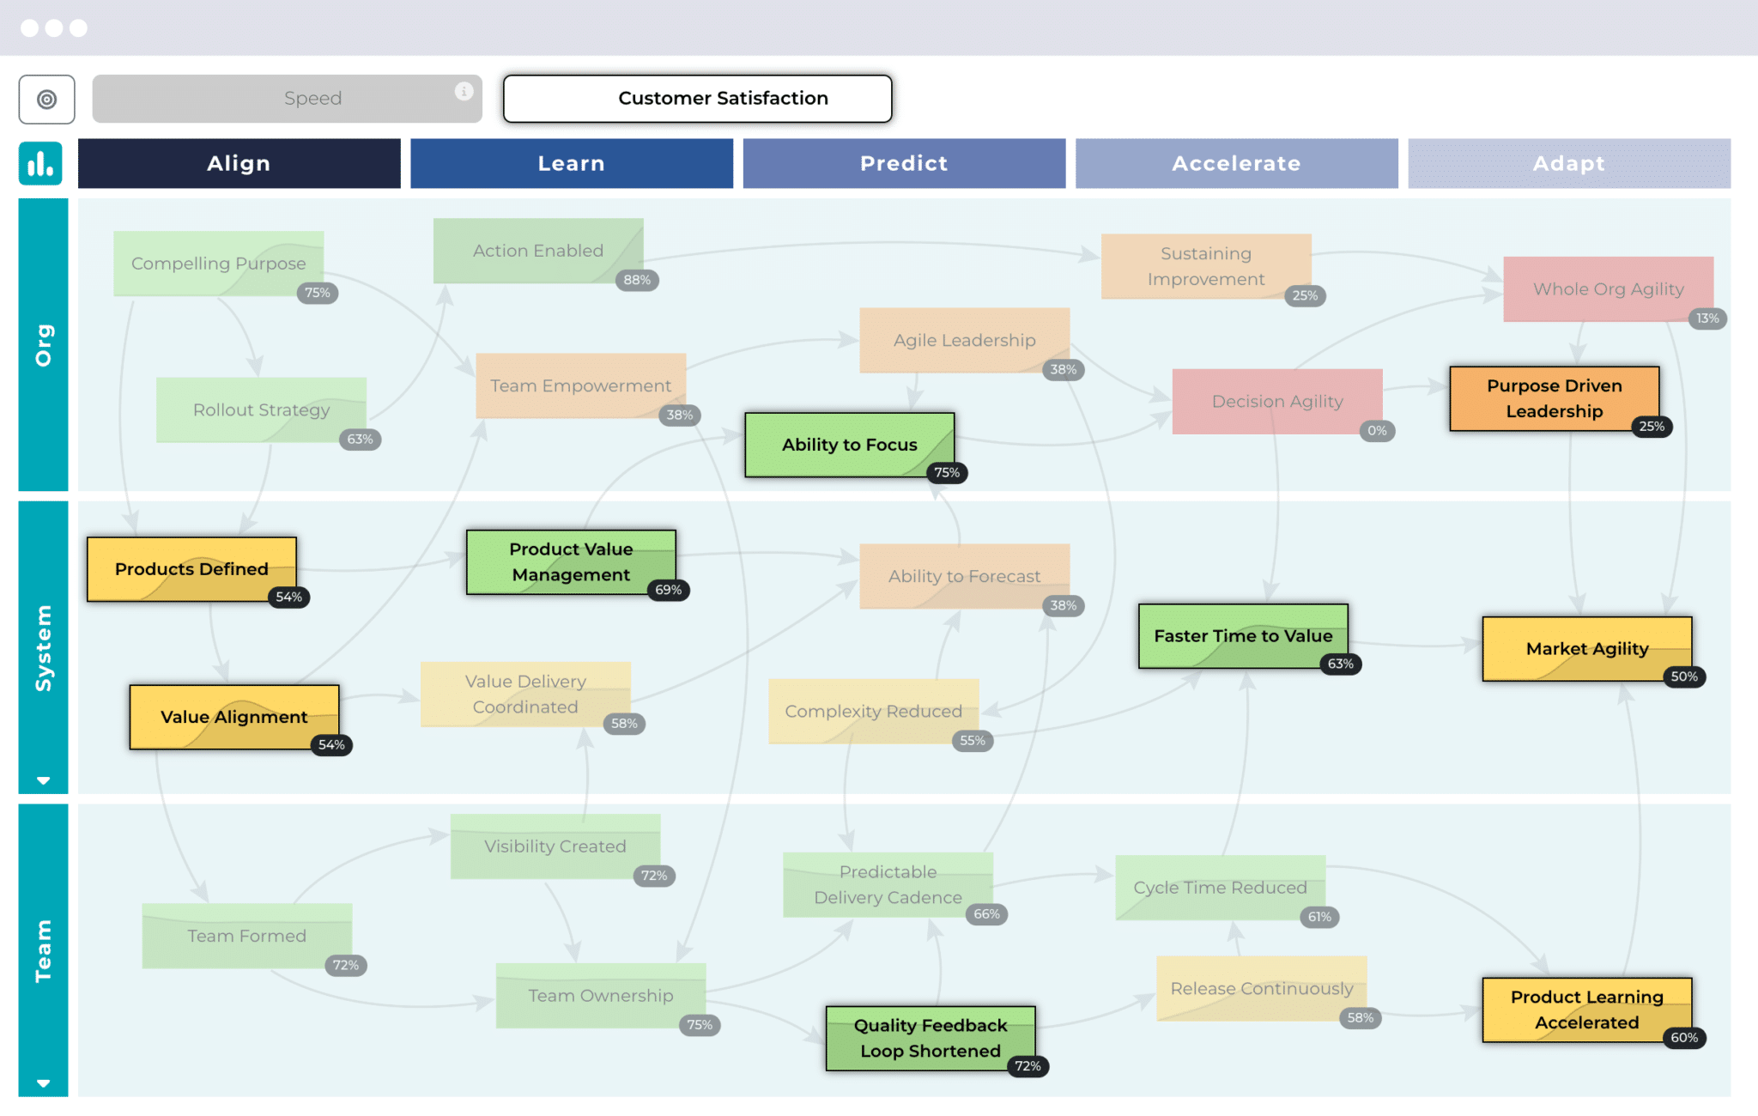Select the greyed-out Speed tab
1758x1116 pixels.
coord(287,99)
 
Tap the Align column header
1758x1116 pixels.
coord(239,163)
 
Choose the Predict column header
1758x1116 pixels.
coord(904,163)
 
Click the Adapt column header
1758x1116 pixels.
coord(1568,163)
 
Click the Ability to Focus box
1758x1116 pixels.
coord(849,445)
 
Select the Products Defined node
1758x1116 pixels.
coord(191,568)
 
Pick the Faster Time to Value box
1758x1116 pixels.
coord(1242,636)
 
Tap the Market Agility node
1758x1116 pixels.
coord(1586,648)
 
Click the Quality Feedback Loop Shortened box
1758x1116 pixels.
coord(930,1038)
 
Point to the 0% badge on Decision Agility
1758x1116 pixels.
coord(1377,431)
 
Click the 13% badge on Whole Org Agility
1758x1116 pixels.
coord(1706,318)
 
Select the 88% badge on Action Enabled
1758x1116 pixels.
coord(637,280)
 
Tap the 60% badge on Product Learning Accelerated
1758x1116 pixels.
coord(1683,1038)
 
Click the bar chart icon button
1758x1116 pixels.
coord(40,163)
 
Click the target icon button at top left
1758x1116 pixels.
coord(47,100)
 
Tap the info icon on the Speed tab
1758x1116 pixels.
coord(464,91)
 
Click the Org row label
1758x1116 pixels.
coord(43,345)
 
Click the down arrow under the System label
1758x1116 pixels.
coord(43,780)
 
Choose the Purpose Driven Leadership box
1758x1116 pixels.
coord(1554,398)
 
